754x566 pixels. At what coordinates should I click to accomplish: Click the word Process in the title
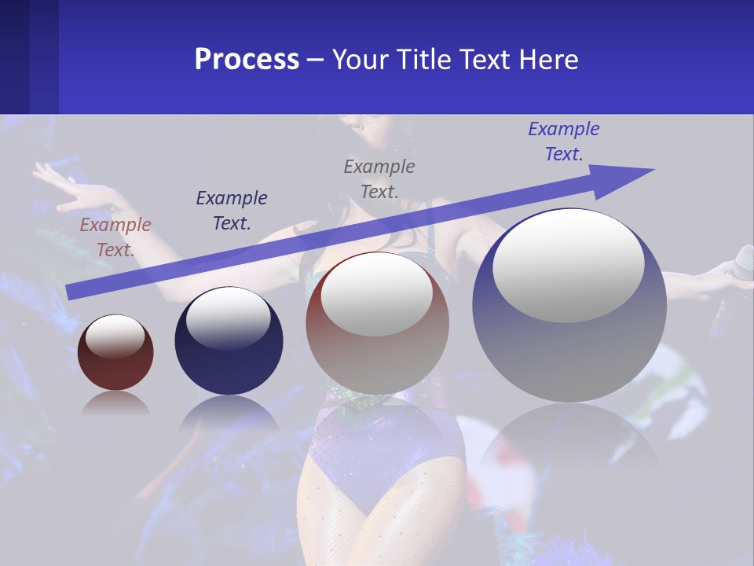click(247, 60)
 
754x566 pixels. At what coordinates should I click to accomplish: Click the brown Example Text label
click(115, 237)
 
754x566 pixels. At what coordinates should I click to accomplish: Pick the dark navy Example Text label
click(232, 211)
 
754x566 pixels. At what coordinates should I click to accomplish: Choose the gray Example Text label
click(379, 178)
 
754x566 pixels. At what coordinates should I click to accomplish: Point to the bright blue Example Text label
click(563, 141)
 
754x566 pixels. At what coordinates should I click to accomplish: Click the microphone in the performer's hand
click(742, 263)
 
